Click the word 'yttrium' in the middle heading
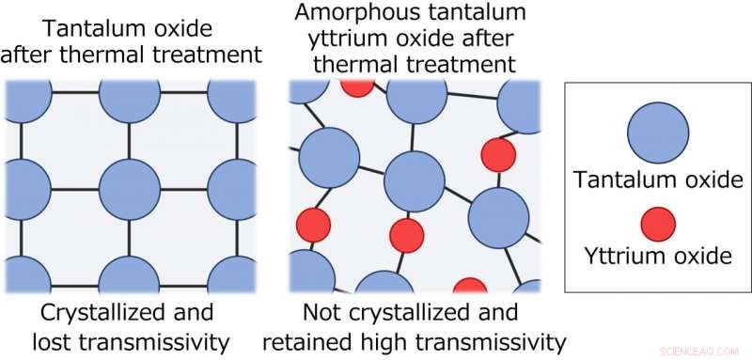coord(343,39)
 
